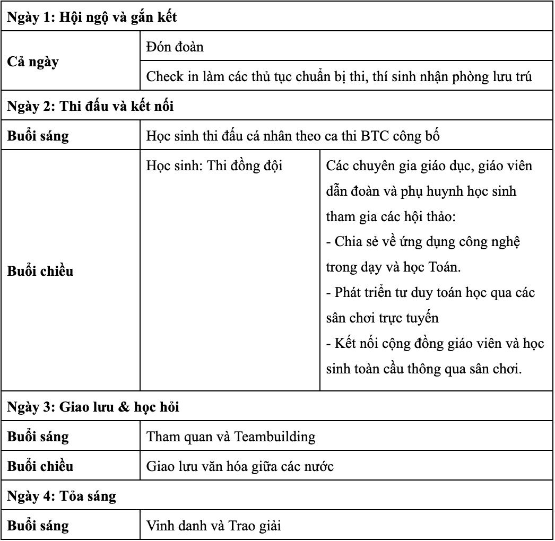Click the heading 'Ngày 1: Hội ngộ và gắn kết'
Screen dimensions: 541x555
pyautogui.click(x=92, y=17)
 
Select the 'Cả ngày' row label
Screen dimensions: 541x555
pyautogui.click(x=33, y=62)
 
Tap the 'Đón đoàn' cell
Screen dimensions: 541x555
pyautogui.click(x=175, y=47)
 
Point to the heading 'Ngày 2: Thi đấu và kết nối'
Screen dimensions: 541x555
pyautogui.click(x=91, y=106)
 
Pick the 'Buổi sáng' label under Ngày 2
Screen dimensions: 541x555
pyautogui.click(x=38, y=136)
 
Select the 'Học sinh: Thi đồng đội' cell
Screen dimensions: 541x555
pyautogui.click(x=214, y=165)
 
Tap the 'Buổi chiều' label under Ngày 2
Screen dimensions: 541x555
pyautogui.click(x=40, y=272)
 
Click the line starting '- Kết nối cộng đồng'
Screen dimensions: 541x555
pyautogui.click(x=435, y=343)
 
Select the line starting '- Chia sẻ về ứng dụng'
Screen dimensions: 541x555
pyautogui.click(x=422, y=242)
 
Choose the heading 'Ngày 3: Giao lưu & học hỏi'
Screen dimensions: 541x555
pyautogui.click(x=93, y=407)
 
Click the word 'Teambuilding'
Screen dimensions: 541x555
pyautogui.click(x=275, y=437)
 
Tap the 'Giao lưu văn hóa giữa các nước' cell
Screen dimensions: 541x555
pyautogui.click(x=240, y=467)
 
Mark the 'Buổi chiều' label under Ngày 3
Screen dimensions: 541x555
pyautogui.click(x=40, y=467)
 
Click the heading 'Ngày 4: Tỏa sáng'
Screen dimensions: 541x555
pyautogui.click(x=62, y=496)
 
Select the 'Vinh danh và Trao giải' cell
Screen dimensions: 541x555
pyautogui.click(x=213, y=526)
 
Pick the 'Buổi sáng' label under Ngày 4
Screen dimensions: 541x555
pyautogui.click(x=38, y=526)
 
